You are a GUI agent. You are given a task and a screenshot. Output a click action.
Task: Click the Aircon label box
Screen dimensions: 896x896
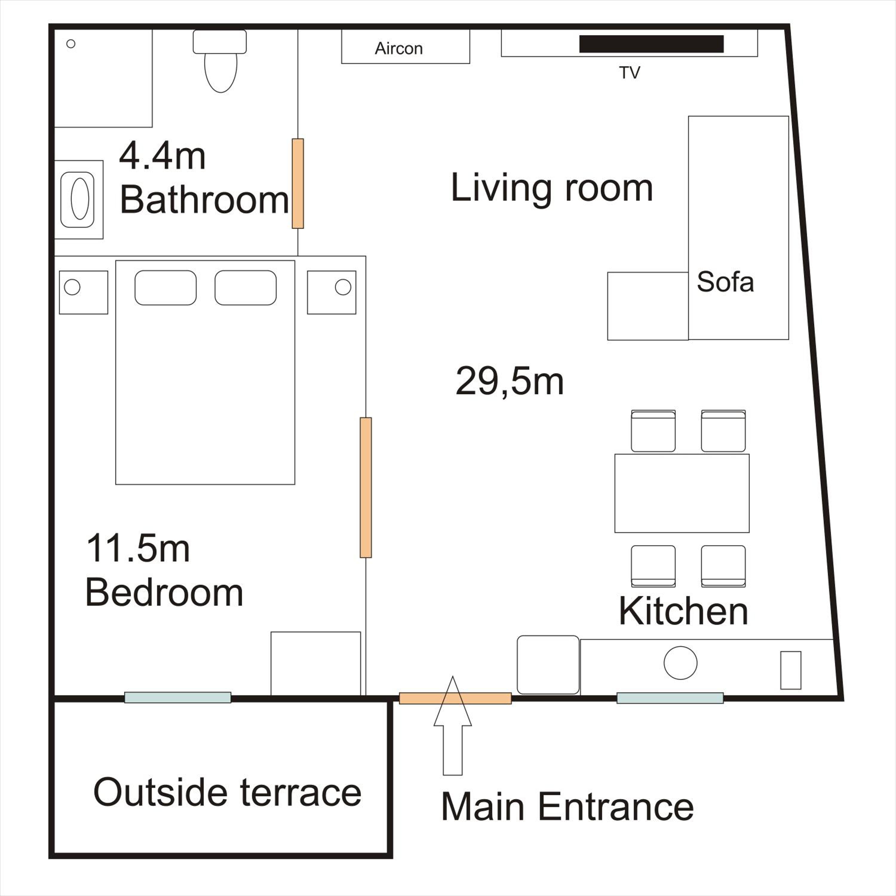click(x=405, y=46)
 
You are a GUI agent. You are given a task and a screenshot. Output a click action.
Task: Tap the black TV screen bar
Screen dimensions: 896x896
click(x=651, y=44)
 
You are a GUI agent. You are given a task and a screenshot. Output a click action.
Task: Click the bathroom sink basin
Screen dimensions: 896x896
click(x=77, y=200)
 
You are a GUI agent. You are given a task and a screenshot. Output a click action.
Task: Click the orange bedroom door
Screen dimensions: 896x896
click(x=366, y=487)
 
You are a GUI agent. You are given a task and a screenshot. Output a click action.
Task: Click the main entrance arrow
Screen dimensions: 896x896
click(x=453, y=726)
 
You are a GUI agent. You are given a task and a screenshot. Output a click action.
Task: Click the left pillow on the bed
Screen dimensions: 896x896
click(x=165, y=288)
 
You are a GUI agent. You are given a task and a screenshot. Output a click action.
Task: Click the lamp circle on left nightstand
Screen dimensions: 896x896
click(x=72, y=287)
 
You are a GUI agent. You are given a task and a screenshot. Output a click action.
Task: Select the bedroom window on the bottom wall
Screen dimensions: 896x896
click(x=178, y=697)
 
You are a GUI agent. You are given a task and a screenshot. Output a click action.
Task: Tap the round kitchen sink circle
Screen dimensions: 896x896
click(x=680, y=663)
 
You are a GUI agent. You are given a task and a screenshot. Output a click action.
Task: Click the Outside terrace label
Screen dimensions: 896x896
click(x=227, y=792)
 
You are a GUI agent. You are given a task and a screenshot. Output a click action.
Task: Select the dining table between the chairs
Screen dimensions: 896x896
click(x=682, y=493)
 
